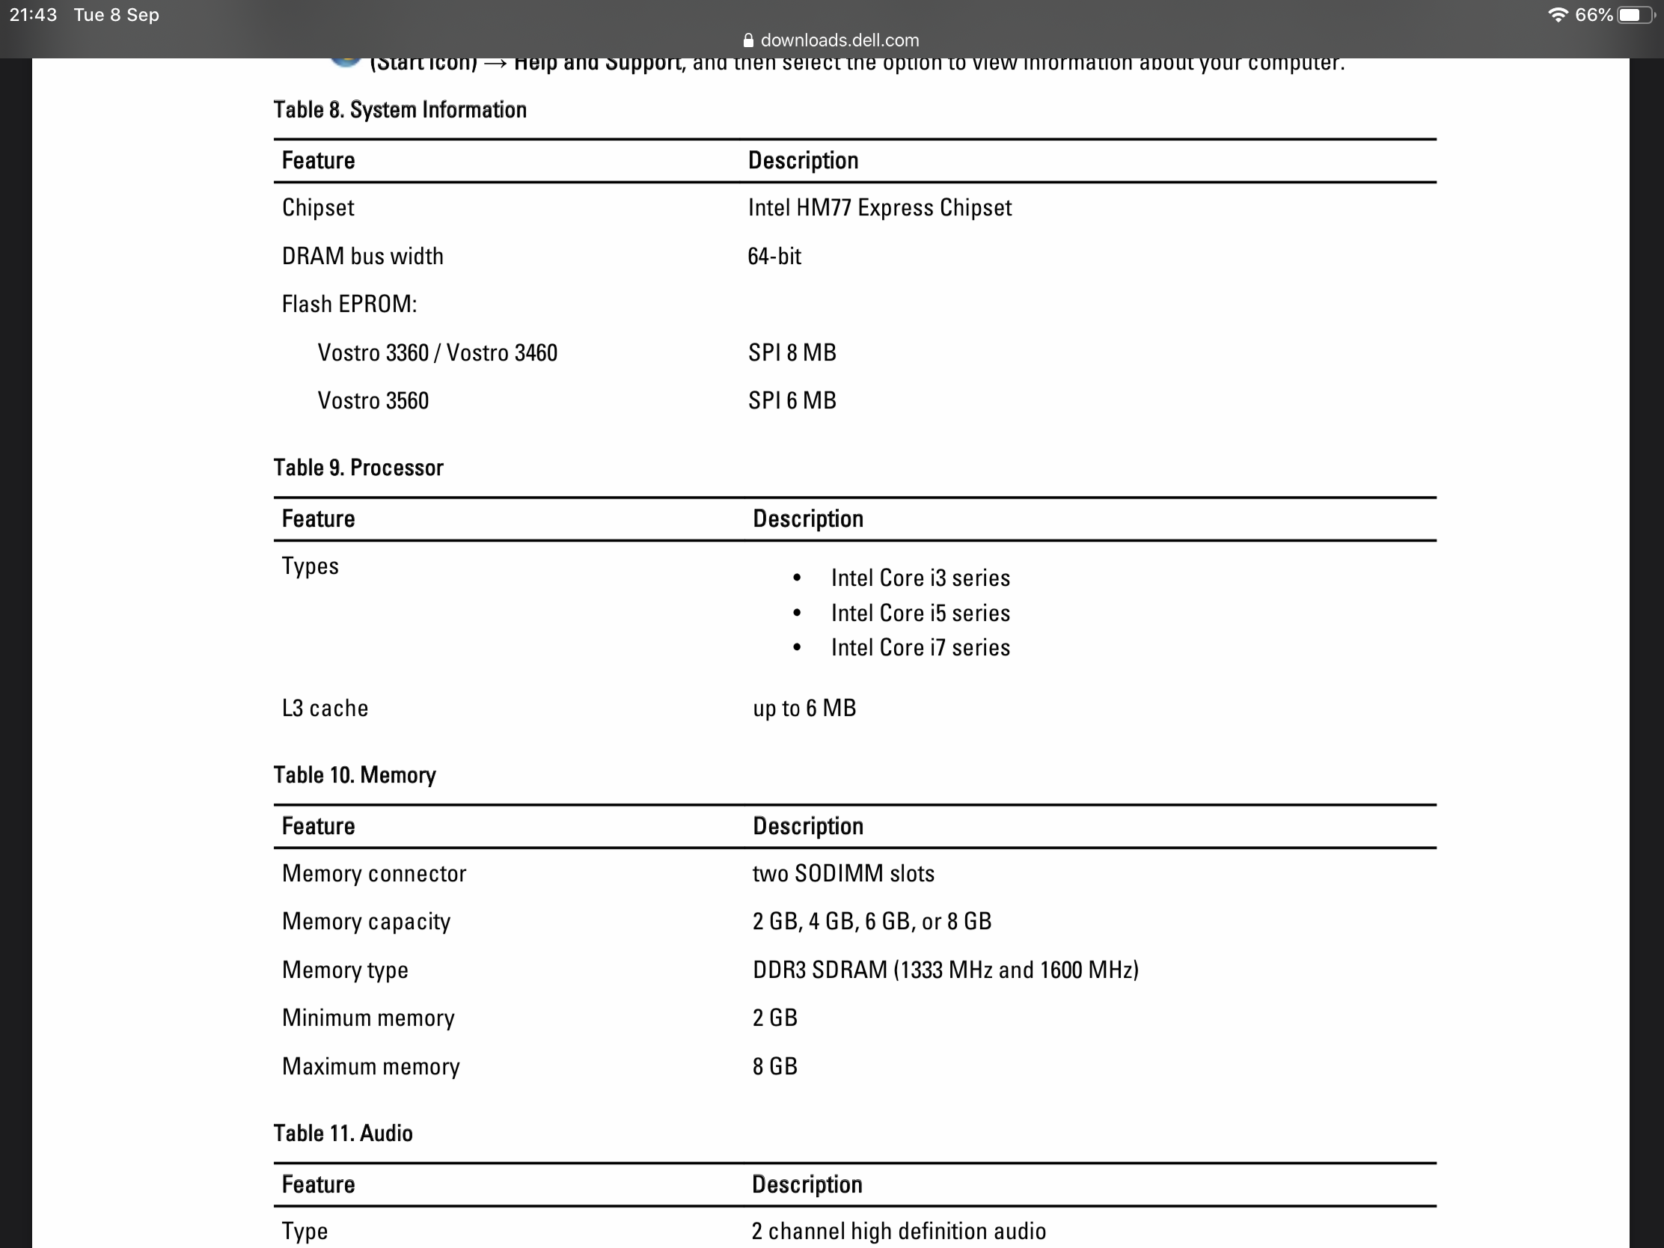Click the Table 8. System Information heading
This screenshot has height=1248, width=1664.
click(400, 110)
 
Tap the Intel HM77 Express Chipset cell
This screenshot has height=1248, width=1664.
click(879, 207)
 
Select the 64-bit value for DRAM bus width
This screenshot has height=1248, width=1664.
click(774, 257)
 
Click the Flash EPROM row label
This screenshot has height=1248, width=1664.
click(349, 304)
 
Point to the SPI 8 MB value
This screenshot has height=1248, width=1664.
click(792, 353)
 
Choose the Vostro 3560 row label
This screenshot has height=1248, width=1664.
click(373, 401)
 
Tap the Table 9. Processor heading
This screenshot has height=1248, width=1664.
click(358, 468)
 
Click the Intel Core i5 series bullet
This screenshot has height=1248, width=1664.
click(920, 613)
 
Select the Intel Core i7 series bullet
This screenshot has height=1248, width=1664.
click(920, 648)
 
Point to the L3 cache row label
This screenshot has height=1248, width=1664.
click(325, 708)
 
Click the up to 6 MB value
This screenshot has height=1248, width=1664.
click(804, 708)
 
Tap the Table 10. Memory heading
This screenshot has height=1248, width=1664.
click(355, 775)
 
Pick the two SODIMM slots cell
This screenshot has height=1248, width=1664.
click(843, 873)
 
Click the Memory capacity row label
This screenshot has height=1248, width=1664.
click(367, 922)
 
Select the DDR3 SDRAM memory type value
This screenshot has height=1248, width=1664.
click(946, 970)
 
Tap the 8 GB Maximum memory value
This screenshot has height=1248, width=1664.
click(775, 1066)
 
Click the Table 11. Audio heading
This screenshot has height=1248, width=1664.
click(343, 1133)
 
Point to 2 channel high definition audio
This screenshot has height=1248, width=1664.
click(898, 1231)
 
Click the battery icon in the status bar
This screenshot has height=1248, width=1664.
click(1634, 15)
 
